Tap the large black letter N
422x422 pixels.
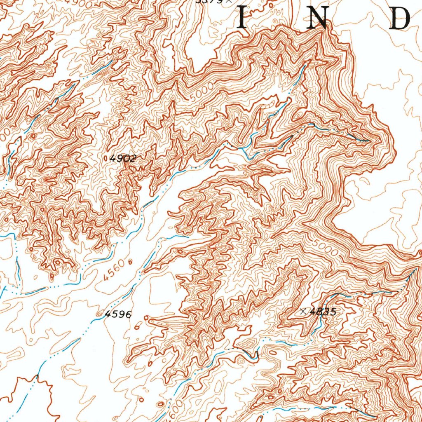click(318, 19)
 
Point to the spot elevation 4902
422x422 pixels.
click(123, 158)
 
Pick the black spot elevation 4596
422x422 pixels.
click(118, 315)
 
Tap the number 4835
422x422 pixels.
click(323, 312)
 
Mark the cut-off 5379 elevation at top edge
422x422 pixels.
click(209, 2)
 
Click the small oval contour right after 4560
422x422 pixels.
click(131, 261)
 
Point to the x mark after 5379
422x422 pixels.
click(226, 2)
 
